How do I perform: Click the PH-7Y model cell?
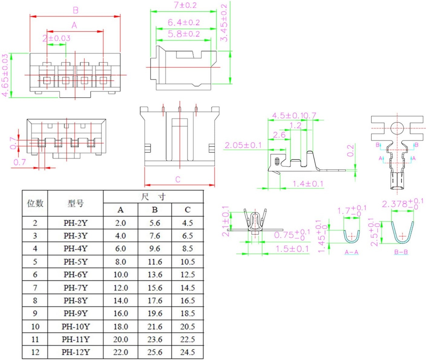pyautogui.click(x=75, y=287)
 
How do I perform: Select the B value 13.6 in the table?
pyautogui.click(x=155, y=274)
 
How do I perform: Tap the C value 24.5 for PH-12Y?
pyautogui.click(x=187, y=352)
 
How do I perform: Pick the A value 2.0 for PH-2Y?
pyautogui.click(x=120, y=223)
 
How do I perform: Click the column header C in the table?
pyautogui.click(x=187, y=210)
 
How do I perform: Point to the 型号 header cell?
pyautogui.click(x=75, y=203)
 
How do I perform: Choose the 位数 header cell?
pyautogui.click(x=35, y=203)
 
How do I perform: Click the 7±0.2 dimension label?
pyautogui.click(x=185, y=5)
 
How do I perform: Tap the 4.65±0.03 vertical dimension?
pyautogui.click(x=5, y=75)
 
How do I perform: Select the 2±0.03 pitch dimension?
pyautogui.click(x=57, y=38)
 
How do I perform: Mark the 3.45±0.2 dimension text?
pyautogui.click(x=224, y=23)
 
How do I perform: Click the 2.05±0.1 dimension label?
pyautogui.click(x=243, y=145)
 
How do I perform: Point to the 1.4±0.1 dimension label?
pyautogui.click(x=308, y=184)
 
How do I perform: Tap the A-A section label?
pyautogui.click(x=352, y=252)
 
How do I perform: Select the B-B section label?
pyautogui.click(x=401, y=252)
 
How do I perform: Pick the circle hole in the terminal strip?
pyautogui.click(x=397, y=128)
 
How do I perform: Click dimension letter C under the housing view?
pyautogui.click(x=178, y=179)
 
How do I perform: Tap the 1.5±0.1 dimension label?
pyautogui.click(x=292, y=249)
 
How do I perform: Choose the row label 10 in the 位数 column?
pyautogui.click(x=35, y=326)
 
